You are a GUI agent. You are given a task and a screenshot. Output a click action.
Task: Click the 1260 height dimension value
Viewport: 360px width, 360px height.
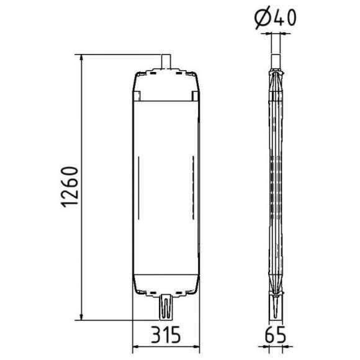tap(70, 187)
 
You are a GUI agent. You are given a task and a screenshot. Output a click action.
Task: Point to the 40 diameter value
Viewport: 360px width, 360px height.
tap(284, 18)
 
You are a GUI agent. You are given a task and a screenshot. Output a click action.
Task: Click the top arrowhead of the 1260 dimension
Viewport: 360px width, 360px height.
tap(81, 58)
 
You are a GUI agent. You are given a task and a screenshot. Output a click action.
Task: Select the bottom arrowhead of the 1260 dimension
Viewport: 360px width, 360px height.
tap(81, 317)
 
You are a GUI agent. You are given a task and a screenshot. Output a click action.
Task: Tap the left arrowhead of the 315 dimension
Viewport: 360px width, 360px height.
tap(137, 346)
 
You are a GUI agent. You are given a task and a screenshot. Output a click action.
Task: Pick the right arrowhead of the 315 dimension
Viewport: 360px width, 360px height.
tap(196, 346)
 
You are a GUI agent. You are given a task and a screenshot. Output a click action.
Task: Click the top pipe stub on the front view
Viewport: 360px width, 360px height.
tap(166, 61)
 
